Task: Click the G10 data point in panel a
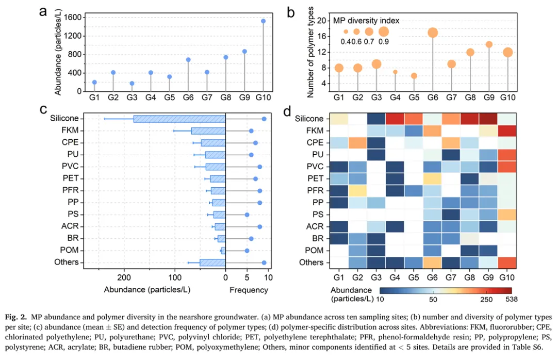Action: pyautogui.click(x=263, y=21)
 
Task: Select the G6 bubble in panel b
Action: pyautogui.click(x=433, y=32)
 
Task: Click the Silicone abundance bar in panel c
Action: pyautogui.click(x=179, y=119)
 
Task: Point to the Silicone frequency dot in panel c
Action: pyautogui.click(x=264, y=119)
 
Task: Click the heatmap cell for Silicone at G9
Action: pyautogui.click(x=488, y=119)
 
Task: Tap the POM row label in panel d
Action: pyautogui.click(x=314, y=251)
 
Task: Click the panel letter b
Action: pyautogui.click(x=290, y=11)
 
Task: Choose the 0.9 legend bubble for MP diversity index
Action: pyautogui.click(x=383, y=31)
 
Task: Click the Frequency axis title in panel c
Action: pyautogui.click(x=249, y=290)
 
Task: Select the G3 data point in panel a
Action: pyautogui.click(x=132, y=83)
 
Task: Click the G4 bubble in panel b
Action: pyautogui.click(x=396, y=72)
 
